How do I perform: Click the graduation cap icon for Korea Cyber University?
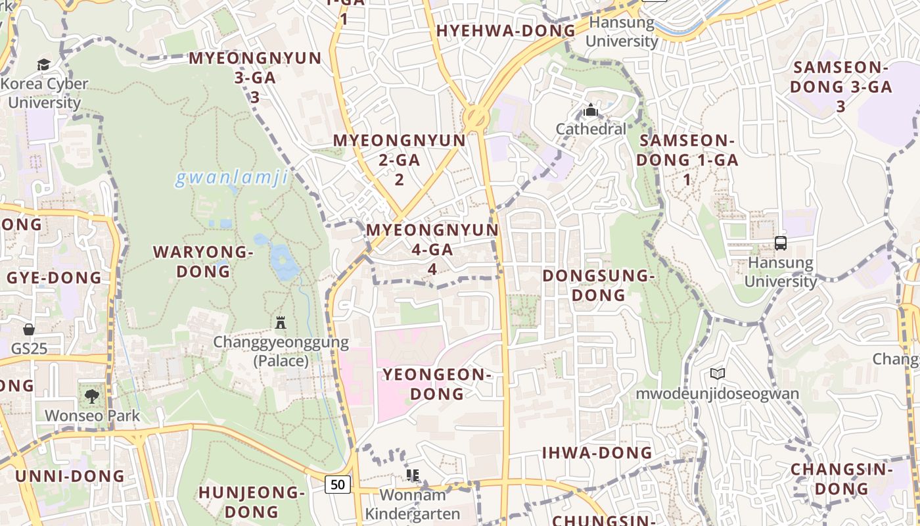(43, 64)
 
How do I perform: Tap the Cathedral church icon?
(591, 110)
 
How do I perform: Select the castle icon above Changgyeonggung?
(281, 322)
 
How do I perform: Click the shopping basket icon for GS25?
(29, 329)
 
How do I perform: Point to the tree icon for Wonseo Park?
(91, 396)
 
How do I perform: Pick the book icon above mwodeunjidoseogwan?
(717, 374)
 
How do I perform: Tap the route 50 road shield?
(338, 485)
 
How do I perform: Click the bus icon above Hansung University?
(780, 243)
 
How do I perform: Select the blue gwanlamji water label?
(231, 178)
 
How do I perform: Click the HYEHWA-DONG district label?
(505, 31)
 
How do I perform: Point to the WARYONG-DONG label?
(203, 261)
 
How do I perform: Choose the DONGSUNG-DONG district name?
(598, 285)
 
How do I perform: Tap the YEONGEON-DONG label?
(437, 384)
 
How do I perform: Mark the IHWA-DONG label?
(597, 452)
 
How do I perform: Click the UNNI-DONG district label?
(70, 476)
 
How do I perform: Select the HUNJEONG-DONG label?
(252, 502)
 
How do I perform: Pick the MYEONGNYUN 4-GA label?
(432, 249)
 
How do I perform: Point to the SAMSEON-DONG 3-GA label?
(841, 86)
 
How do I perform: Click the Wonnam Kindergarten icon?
(413, 475)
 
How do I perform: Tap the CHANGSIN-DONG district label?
(842, 479)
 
